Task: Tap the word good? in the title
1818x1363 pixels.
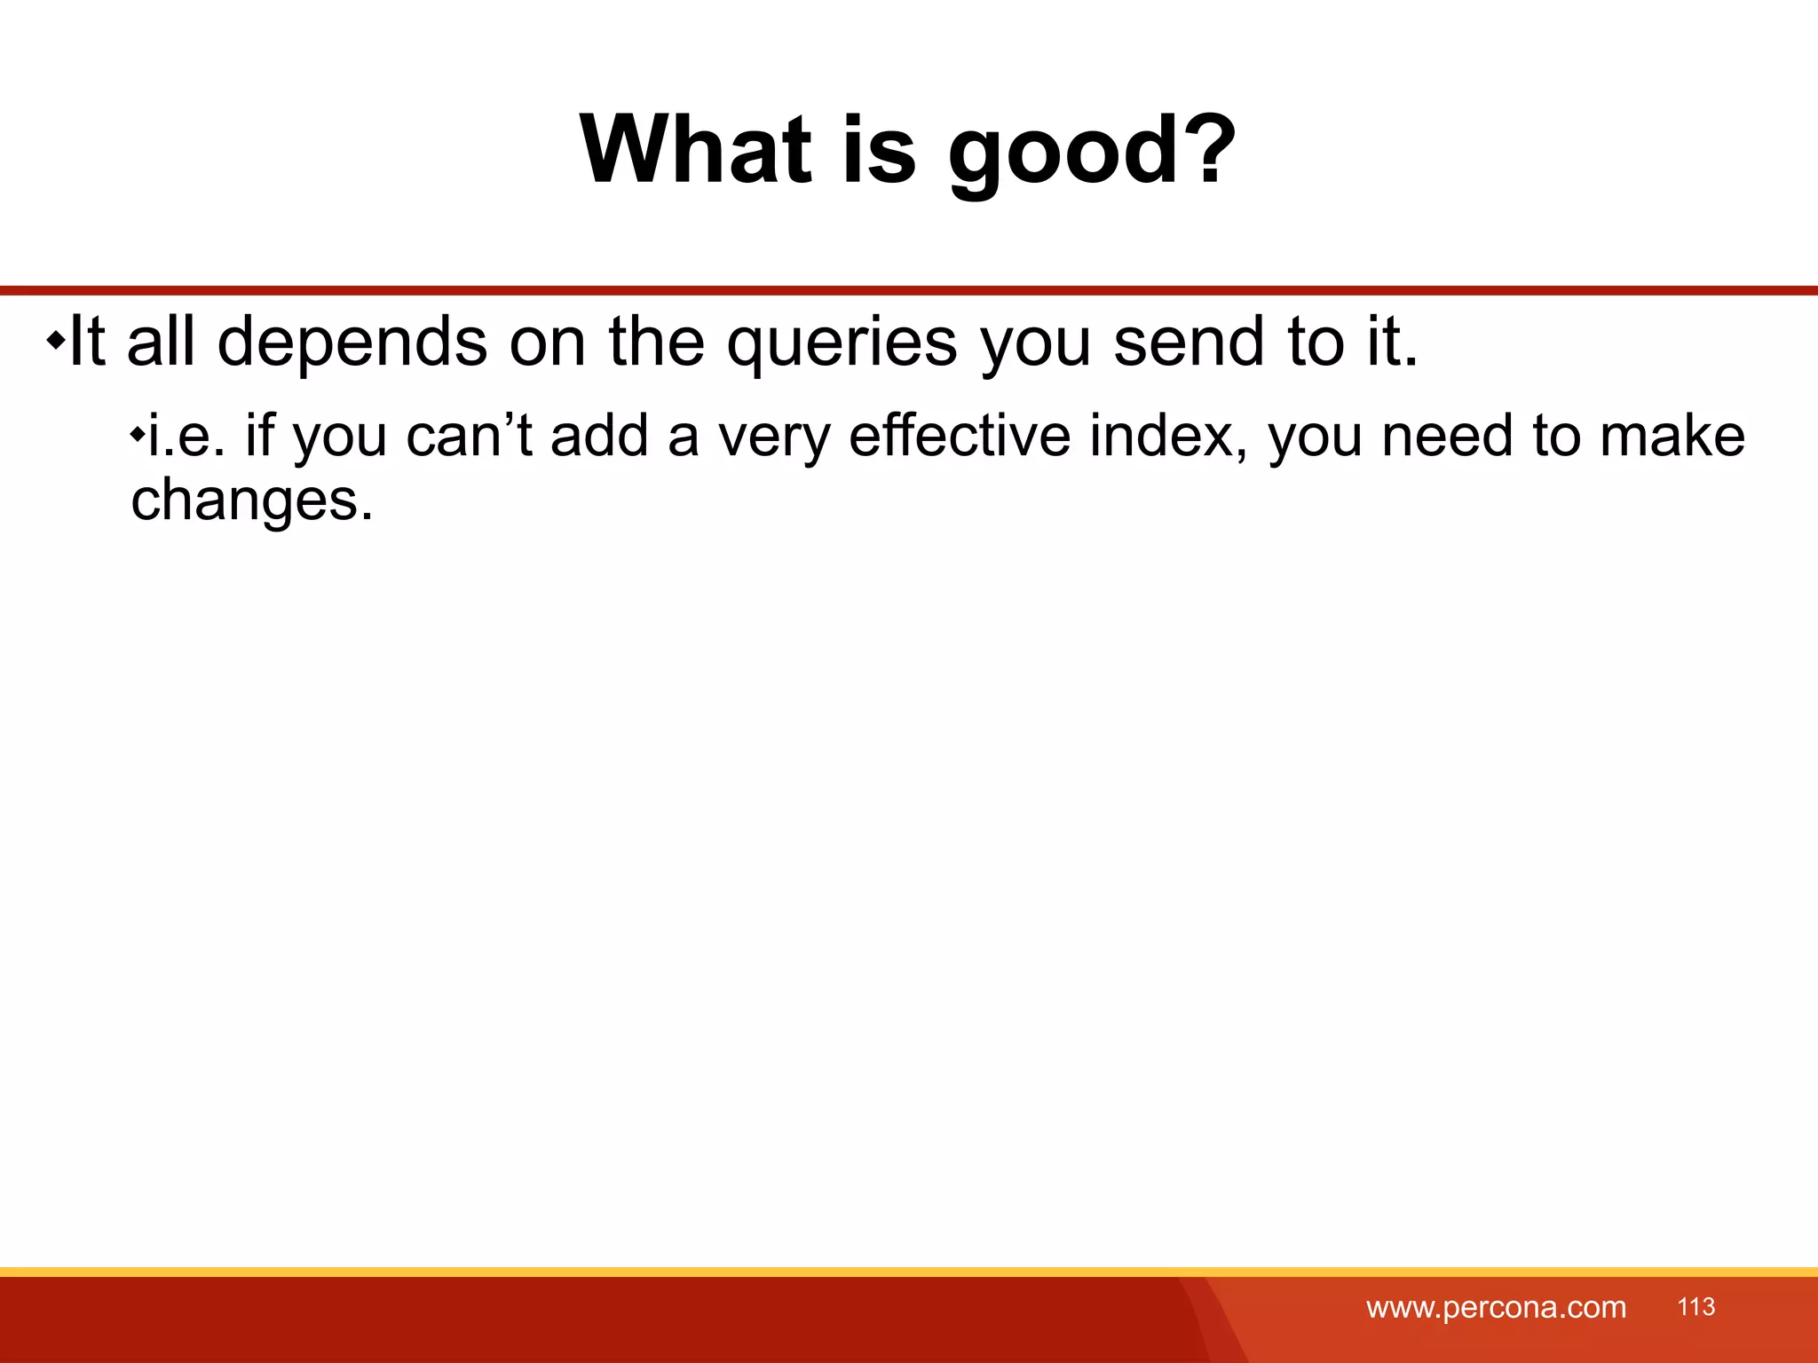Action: click(x=1091, y=153)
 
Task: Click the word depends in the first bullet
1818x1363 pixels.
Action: click(x=352, y=343)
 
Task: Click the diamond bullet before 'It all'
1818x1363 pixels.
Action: click(x=55, y=341)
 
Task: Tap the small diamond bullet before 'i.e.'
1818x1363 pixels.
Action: click(x=137, y=435)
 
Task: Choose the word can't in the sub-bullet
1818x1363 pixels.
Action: click(x=469, y=436)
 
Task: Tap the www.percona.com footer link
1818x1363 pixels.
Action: click(x=1496, y=1307)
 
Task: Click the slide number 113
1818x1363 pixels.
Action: click(x=1695, y=1306)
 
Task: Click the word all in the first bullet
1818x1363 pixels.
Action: click(x=161, y=342)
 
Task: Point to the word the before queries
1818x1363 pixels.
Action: click(x=657, y=342)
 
